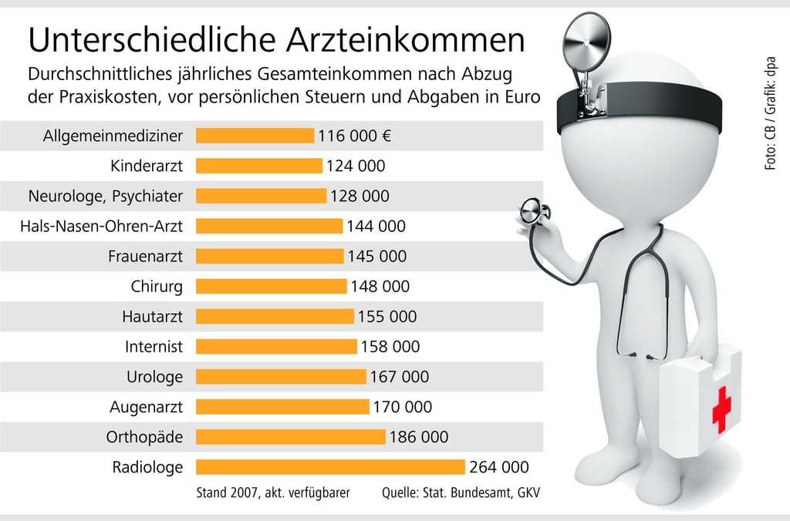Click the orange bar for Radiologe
tap(330, 467)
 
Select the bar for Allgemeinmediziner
tap(255, 136)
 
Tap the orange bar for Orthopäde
tap(291, 437)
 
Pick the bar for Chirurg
tap(272, 287)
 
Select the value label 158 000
tap(390, 347)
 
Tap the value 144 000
tap(376, 227)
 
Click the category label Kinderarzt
tap(147, 166)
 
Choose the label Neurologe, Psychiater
tap(106, 197)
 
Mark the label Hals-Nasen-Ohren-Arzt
tap(102, 227)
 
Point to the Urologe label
tap(154, 377)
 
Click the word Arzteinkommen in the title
tap(403, 39)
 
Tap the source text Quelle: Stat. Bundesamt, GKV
tap(461, 492)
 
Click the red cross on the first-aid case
tap(721, 409)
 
